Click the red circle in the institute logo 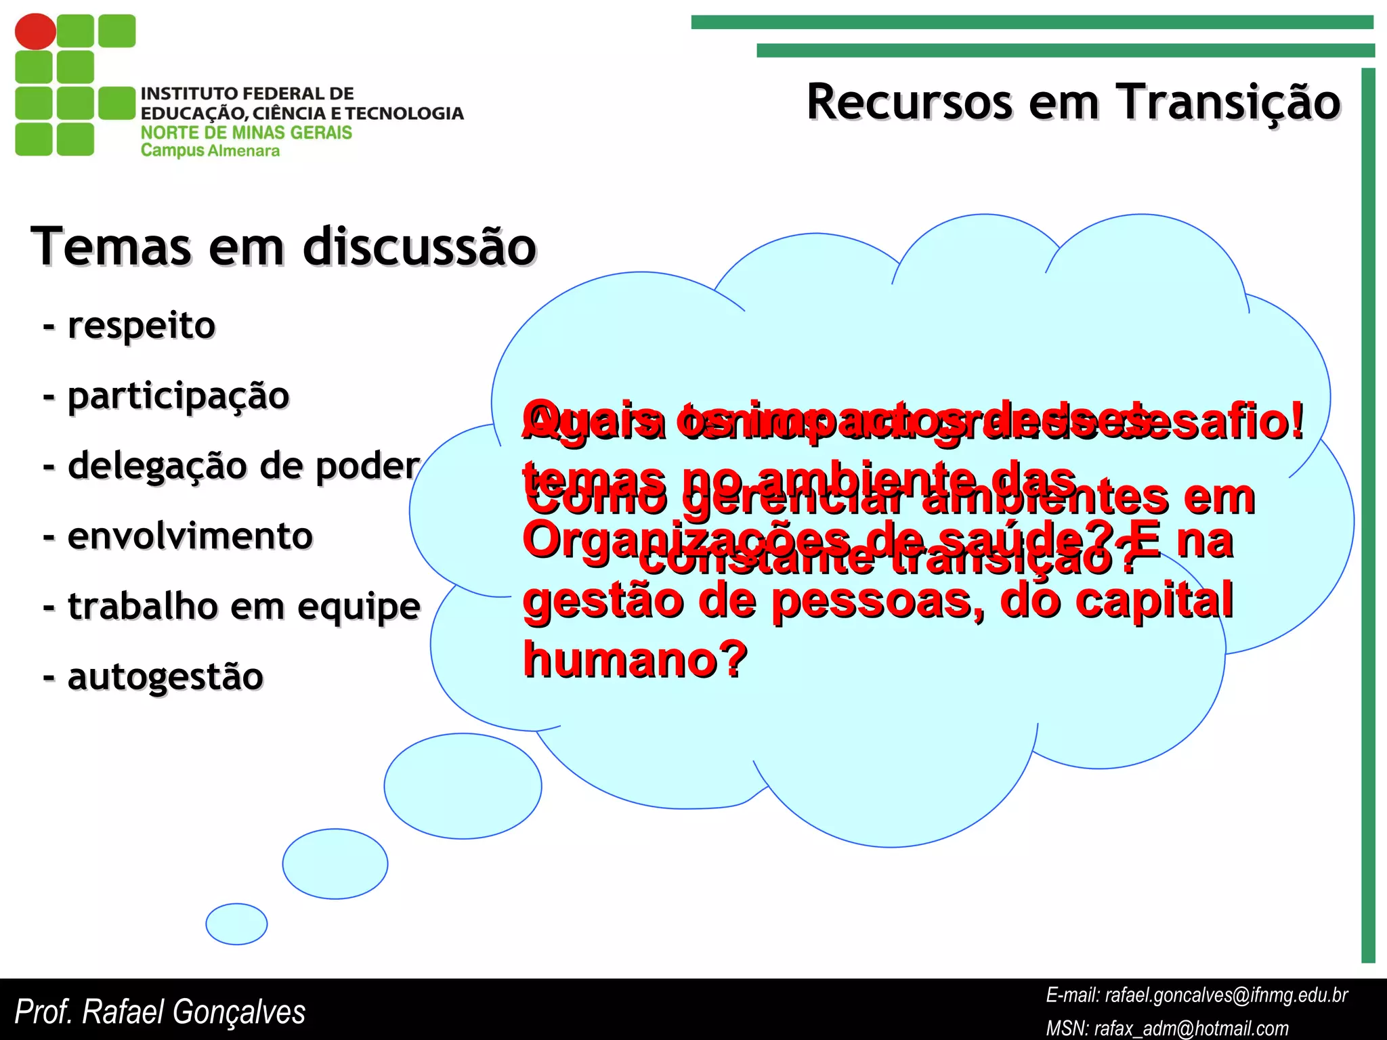pyautogui.click(x=35, y=31)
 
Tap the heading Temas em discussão pyautogui.click(x=283, y=246)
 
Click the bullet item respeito pyautogui.click(x=141, y=325)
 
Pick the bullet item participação pyautogui.click(x=177, y=396)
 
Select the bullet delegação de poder pyautogui.click(x=243, y=466)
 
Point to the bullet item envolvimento pyautogui.click(x=190, y=536)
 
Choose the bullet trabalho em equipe pyautogui.click(x=243, y=606)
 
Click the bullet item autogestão pyautogui.click(x=165, y=676)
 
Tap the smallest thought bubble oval pyautogui.click(x=236, y=924)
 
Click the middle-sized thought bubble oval pyautogui.click(x=335, y=863)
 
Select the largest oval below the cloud pyautogui.click(x=463, y=785)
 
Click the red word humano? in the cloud pyautogui.click(x=635, y=659)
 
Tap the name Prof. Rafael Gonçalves pyautogui.click(x=160, y=1012)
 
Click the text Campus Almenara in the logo pyautogui.click(x=210, y=151)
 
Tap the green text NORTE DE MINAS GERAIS pyautogui.click(x=247, y=132)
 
